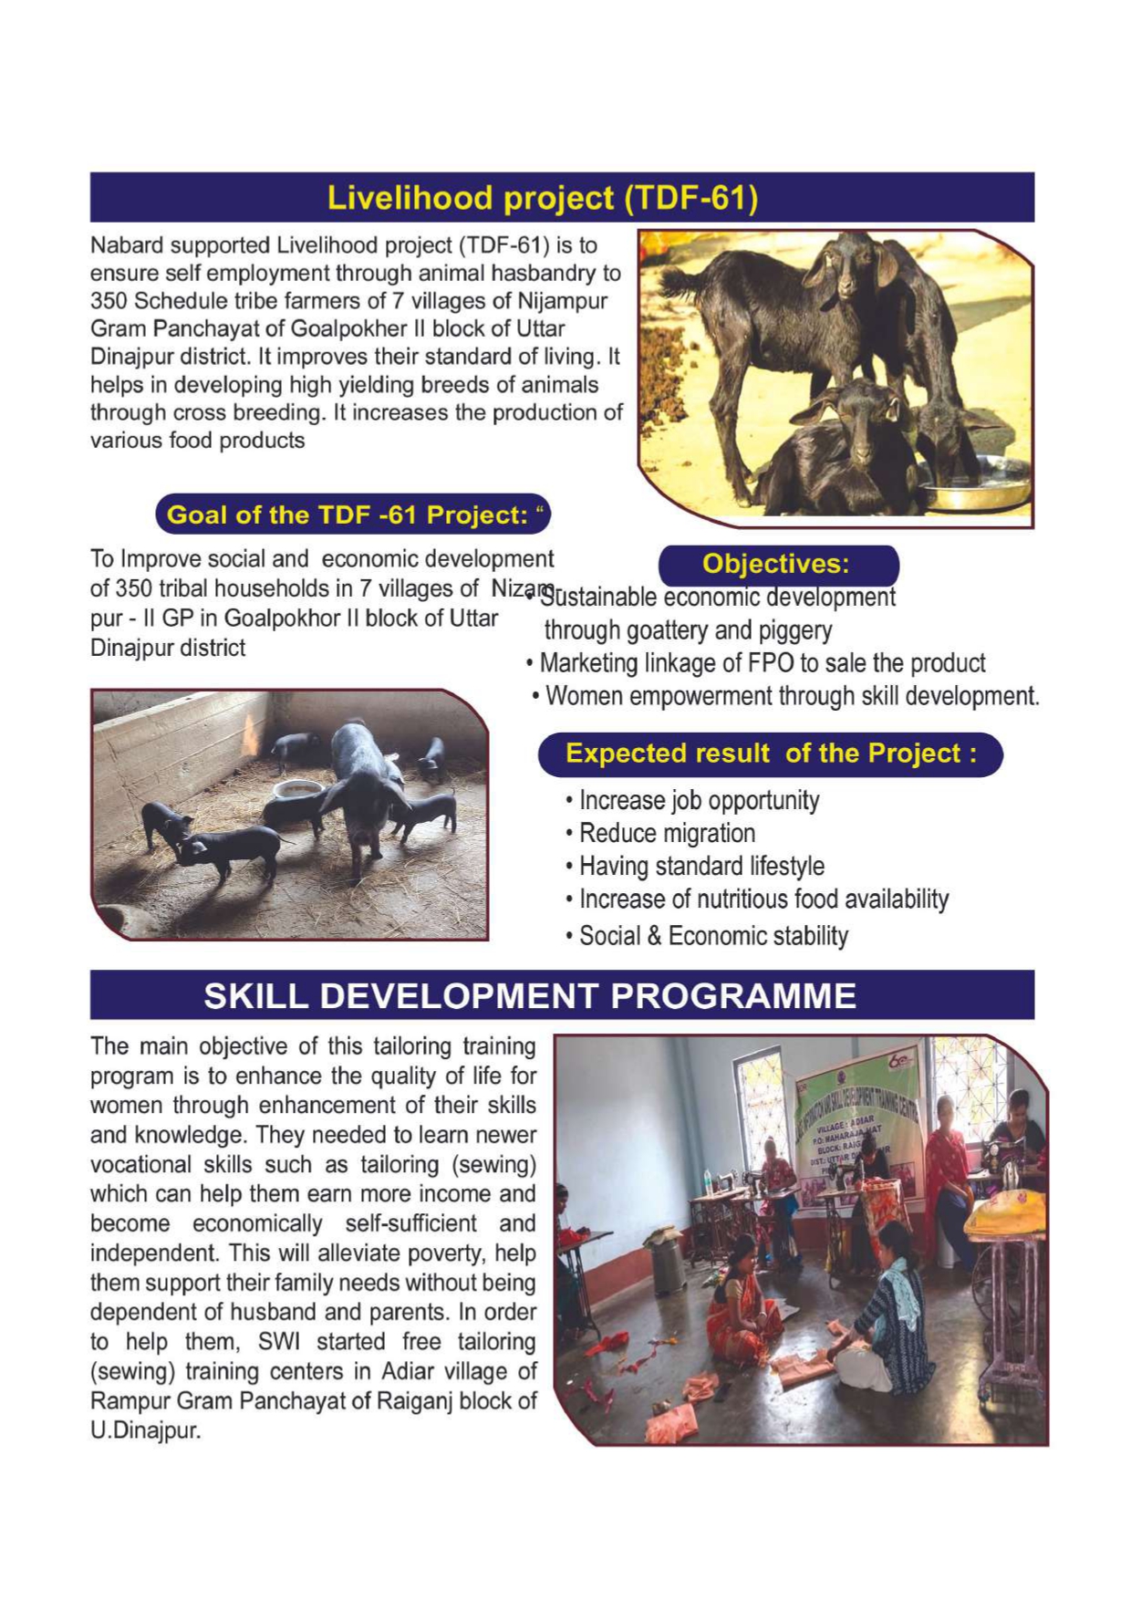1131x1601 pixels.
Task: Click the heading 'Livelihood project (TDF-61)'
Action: [542, 198]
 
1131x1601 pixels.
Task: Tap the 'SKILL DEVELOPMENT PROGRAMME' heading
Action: [529, 995]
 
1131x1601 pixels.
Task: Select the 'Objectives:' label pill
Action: [776, 564]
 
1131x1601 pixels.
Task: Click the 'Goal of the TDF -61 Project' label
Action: [353, 515]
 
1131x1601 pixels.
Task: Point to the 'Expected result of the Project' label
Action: [771, 754]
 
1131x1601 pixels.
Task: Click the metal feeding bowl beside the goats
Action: [976, 483]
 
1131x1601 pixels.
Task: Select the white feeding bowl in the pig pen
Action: [298, 789]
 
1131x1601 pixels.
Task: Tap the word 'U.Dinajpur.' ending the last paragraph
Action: [145, 1429]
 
